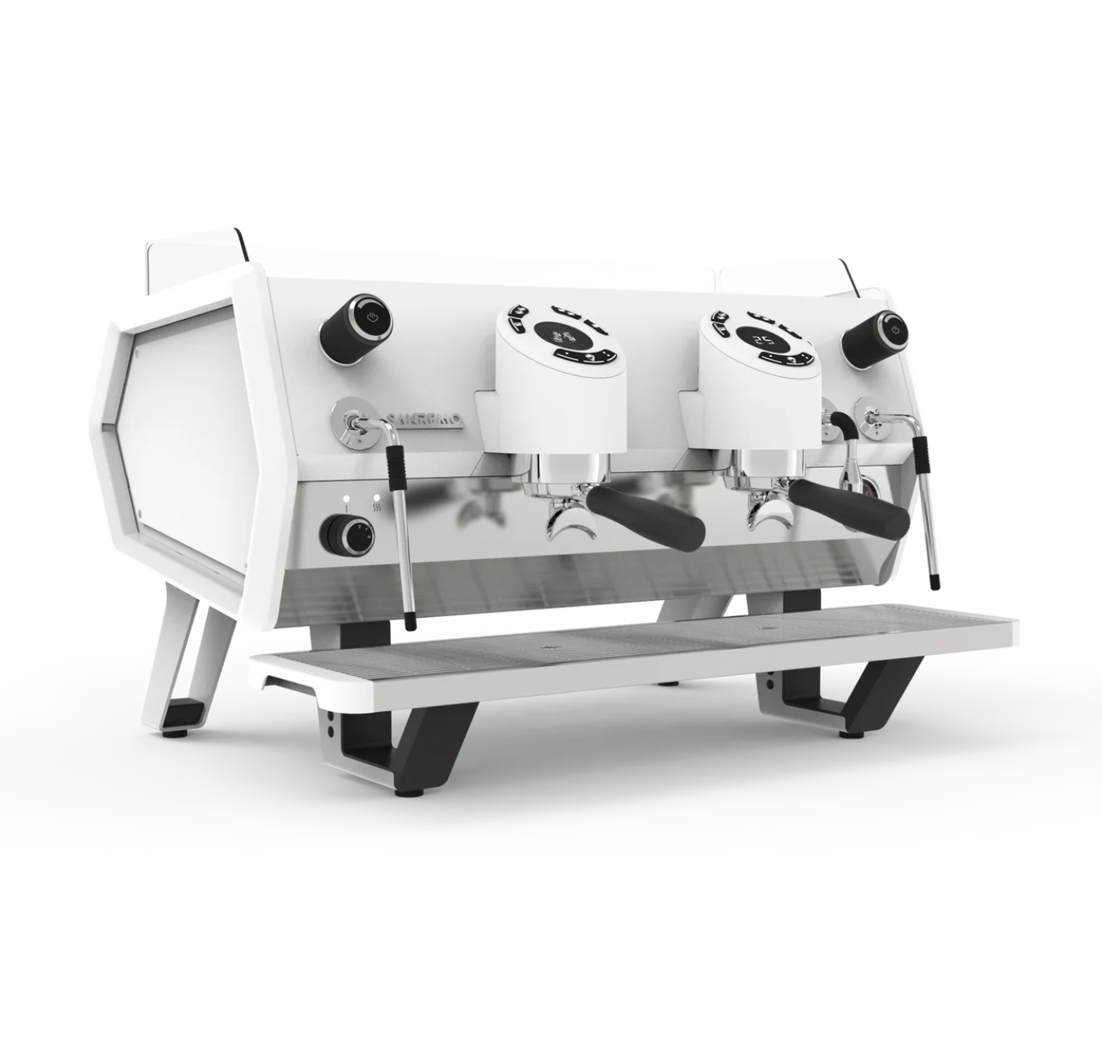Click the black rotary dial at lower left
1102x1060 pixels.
346,534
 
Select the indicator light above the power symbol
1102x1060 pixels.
346,497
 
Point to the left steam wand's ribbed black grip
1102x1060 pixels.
396,464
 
